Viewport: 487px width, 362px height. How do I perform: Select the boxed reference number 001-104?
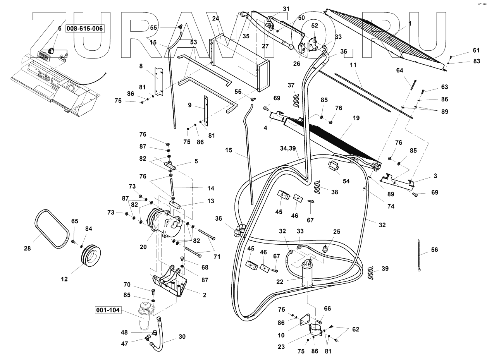111,310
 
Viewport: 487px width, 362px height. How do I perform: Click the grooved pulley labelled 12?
91,256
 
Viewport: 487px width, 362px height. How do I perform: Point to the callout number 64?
400,70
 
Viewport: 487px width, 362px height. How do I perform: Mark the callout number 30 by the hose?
182,337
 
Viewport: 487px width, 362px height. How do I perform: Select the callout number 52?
314,26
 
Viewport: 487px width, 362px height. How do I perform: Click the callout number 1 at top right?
410,23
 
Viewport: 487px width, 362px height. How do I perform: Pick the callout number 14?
211,188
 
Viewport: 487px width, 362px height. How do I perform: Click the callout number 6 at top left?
60,28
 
